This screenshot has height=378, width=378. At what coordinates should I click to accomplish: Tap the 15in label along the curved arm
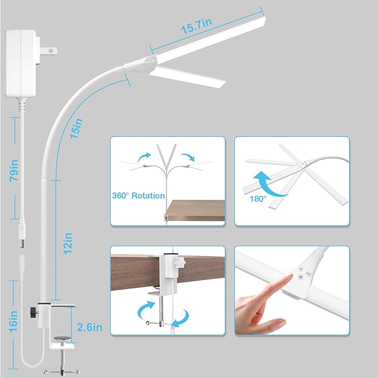pos(79,129)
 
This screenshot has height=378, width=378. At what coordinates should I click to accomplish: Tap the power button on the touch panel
pos(301,276)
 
